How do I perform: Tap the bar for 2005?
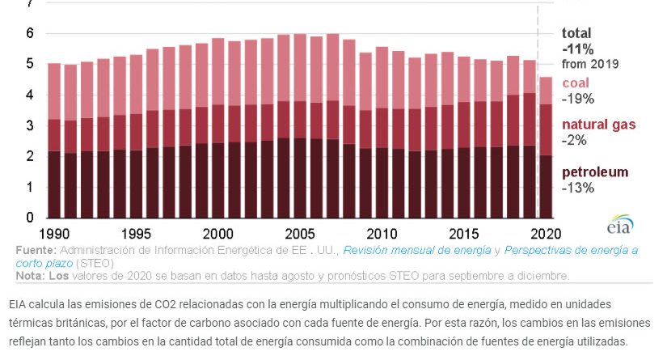(300, 126)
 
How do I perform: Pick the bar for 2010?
(382, 133)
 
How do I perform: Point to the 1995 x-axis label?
(136, 234)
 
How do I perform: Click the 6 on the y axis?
(29, 33)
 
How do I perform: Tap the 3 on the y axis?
(29, 125)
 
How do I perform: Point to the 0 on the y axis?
(29, 218)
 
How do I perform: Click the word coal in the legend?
(576, 83)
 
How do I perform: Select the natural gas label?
(599, 125)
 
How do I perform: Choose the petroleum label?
(595, 172)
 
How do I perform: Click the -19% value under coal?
(578, 99)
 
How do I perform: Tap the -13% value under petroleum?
(578, 188)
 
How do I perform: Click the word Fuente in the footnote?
(35, 250)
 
